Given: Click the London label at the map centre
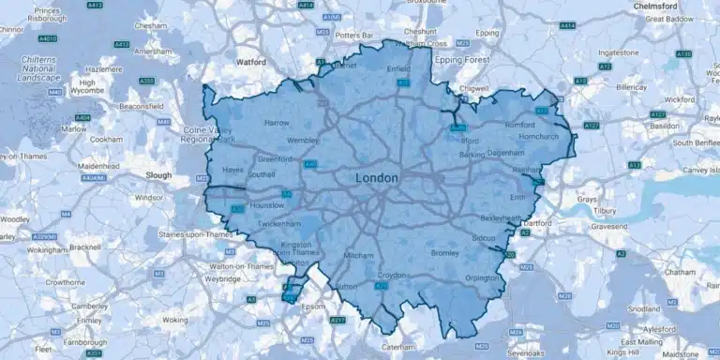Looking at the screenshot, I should point(377,178).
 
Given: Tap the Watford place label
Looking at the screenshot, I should point(250,63).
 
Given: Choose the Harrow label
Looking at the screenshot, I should point(277,123).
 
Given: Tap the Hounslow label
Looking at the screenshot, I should point(266,204).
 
